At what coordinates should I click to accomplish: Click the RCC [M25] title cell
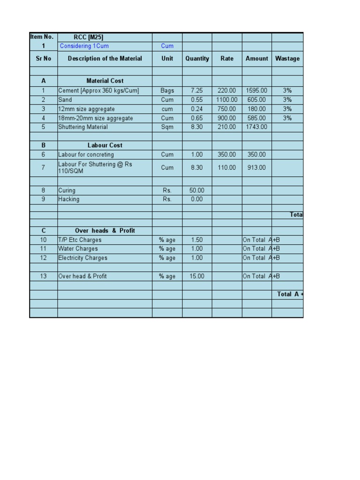[89, 37]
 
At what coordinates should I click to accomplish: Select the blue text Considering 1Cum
[84, 46]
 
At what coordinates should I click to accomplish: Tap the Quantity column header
[197, 59]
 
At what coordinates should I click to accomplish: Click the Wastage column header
[287, 59]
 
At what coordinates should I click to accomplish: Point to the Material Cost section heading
[105, 81]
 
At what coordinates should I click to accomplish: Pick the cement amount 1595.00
[256, 90]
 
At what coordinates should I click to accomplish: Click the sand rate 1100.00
[227, 100]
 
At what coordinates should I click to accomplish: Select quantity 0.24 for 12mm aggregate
[197, 109]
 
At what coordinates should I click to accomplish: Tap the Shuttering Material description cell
[83, 127]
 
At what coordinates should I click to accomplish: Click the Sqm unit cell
[167, 127]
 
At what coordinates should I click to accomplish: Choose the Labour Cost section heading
[105, 145]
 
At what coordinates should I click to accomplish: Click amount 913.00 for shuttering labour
[256, 167]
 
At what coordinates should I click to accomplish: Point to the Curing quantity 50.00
[197, 190]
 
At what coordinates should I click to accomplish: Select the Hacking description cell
[69, 199]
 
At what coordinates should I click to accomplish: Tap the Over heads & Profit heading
[105, 231]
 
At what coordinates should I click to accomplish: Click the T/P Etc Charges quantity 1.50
[197, 240]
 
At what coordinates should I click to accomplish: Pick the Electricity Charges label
[83, 258]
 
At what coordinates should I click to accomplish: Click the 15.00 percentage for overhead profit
[197, 277]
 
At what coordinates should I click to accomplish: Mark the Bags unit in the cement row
[167, 90]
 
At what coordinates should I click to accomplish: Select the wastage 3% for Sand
[287, 100]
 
